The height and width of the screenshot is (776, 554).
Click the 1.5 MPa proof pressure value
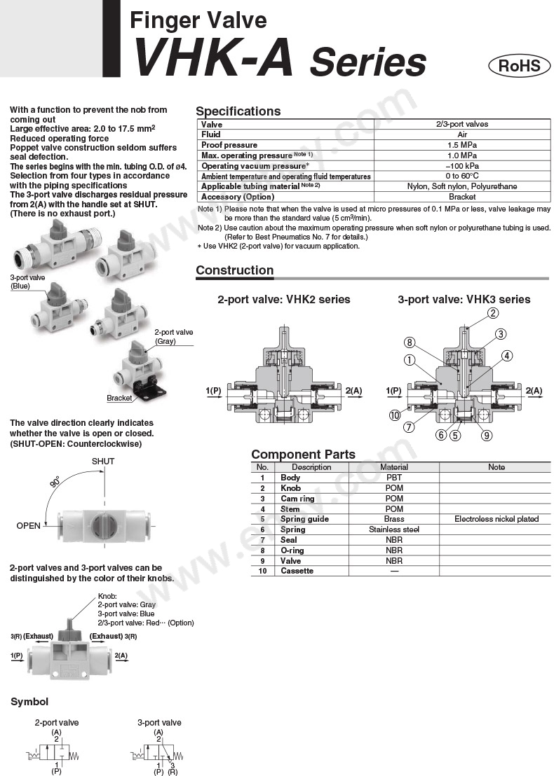click(x=462, y=145)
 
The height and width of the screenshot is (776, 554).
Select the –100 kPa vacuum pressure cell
click(x=462, y=166)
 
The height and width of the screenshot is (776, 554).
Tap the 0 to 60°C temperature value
click(x=462, y=176)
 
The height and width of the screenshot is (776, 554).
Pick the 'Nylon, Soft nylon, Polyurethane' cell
click(x=462, y=187)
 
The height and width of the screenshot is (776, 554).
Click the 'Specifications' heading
click(x=238, y=111)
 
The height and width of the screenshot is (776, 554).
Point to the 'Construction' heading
click(x=234, y=270)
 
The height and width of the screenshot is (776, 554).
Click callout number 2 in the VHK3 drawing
click(x=493, y=313)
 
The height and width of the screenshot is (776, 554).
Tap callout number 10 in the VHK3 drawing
click(x=395, y=415)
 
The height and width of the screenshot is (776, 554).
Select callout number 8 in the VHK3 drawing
click(x=409, y=342)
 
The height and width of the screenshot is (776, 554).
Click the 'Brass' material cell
click(x=394, y=519)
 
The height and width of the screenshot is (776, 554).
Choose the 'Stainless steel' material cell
click(x=394, y=529)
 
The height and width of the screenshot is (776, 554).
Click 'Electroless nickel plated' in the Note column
click(x=496, y=519)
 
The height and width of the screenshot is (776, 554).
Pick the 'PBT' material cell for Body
click(x=394, y=477)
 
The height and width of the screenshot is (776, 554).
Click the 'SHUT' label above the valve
click(x=103, y=462)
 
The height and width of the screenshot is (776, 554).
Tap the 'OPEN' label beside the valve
click(x=29, y=525)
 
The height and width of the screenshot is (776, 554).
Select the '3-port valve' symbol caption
click(x=159, y=722)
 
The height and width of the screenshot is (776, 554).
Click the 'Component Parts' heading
click(x=303, y=455)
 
